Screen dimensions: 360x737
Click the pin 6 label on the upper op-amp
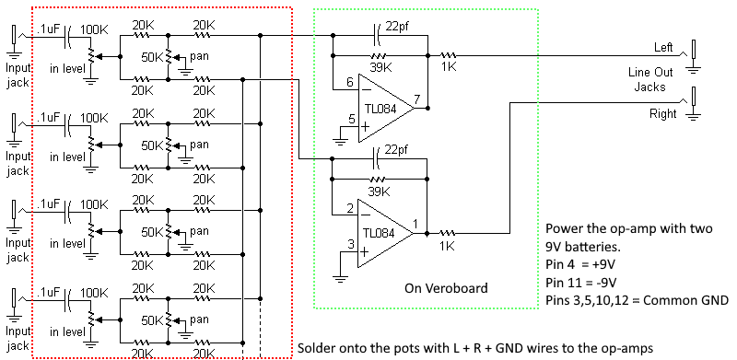click(x=350, y=83)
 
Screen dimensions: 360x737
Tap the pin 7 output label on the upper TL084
click(x=417, y=99)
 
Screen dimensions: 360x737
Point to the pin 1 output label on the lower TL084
click(x=417, y=224)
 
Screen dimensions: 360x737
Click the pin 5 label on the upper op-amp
click(x=350, y=118)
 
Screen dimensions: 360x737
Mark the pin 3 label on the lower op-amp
click(x=350, y=244)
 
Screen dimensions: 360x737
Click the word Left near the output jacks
click(x=663, y=47)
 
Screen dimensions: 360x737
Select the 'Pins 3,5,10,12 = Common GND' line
click(x=637, y=299)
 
